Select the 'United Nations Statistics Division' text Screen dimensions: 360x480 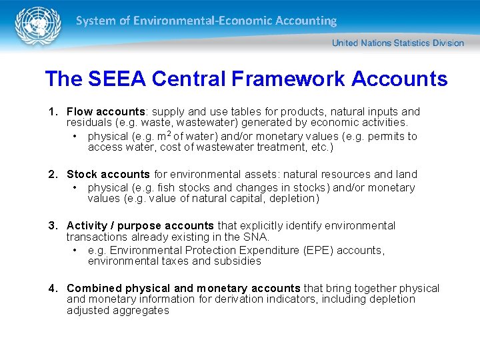tap(398, 43)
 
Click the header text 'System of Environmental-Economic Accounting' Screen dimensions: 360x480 tap(206, 21)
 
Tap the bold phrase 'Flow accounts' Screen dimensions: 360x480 tap(105, 112)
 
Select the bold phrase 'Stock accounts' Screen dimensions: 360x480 tap(108, 175)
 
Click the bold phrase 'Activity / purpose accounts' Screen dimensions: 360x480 tap(140, 226)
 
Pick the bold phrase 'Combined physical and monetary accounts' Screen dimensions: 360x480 tap(183, 289)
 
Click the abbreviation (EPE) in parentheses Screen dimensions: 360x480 tap(320, 251)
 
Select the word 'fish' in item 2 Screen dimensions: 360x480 tap(167, 188)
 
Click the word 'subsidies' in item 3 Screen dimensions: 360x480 tap(237, 261)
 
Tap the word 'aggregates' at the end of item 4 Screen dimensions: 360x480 tap(141, 310)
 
